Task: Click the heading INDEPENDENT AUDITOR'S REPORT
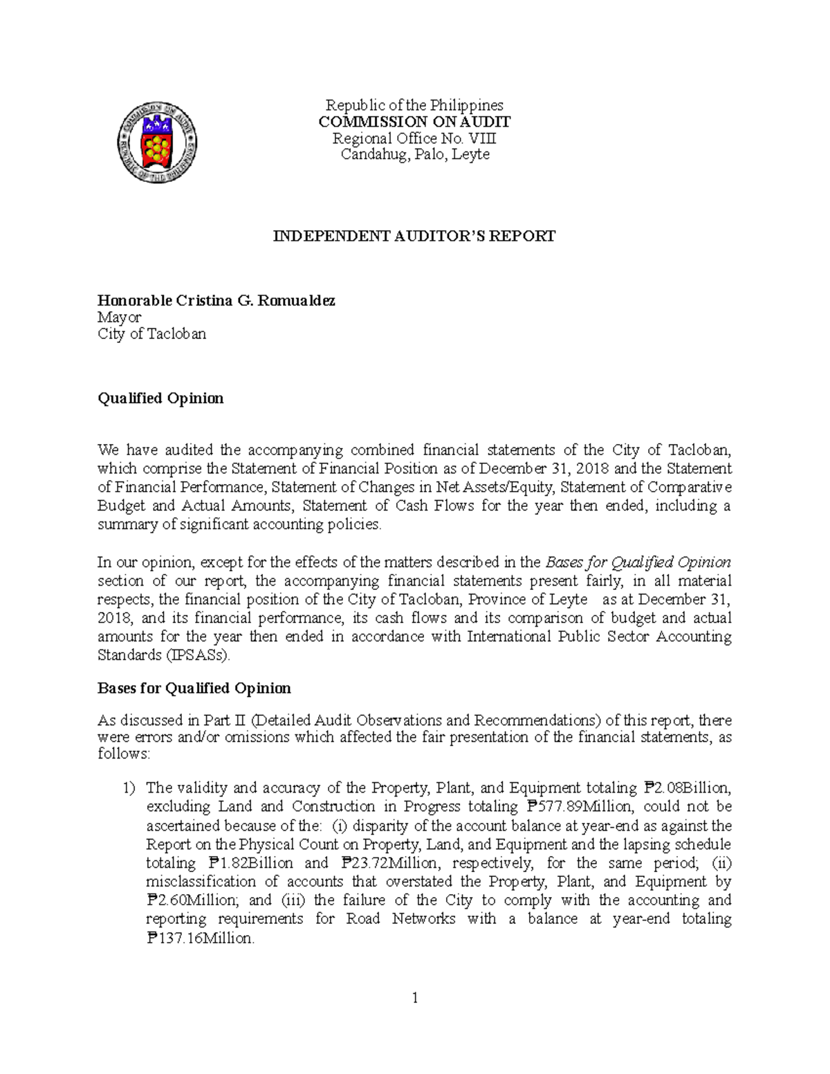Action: [414, 237]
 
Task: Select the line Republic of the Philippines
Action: [414, 105]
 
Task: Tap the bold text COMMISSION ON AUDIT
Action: [414, 122]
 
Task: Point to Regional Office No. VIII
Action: [414, 138]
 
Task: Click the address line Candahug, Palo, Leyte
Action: [414, 154]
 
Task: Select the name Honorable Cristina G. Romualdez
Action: [216, 301]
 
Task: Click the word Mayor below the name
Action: [119, 317]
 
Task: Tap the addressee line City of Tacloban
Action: [151, 334]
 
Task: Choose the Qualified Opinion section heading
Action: [160, 398]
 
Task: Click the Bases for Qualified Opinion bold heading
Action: [194, 688]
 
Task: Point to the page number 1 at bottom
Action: [415, 997]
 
